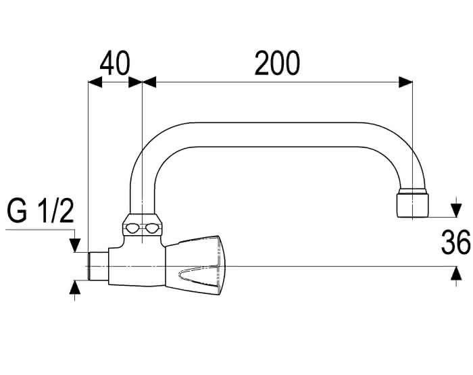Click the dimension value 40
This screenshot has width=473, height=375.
[x=115, y=64]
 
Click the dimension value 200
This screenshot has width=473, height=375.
[x=277, y=63]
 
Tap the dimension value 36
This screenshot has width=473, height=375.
[x=456, y=242]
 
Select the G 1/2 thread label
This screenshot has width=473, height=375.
[x=41, y=211]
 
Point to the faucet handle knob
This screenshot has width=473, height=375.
[x=195, y=265]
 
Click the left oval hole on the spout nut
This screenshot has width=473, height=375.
[x=132, y=228]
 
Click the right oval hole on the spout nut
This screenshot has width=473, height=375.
[x=152, y=228]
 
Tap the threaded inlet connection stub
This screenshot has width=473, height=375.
[x=99, y=266]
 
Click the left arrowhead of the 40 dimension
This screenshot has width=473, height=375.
[x=95, y=82]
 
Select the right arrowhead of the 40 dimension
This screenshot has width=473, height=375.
[x=135, y=82]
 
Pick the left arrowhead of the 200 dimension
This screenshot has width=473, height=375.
[x=149, y=82]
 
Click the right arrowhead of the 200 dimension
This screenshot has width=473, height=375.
[x=405, y=82]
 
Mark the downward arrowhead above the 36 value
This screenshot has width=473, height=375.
[x=456, y=210]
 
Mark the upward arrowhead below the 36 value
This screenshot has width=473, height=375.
[x=456, y=274]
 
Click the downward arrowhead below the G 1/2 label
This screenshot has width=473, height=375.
[x=75, y=245]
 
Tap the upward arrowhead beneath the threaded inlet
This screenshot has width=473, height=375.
[x=75, y=287]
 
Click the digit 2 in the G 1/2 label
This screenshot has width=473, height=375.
[x=66, y=211]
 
